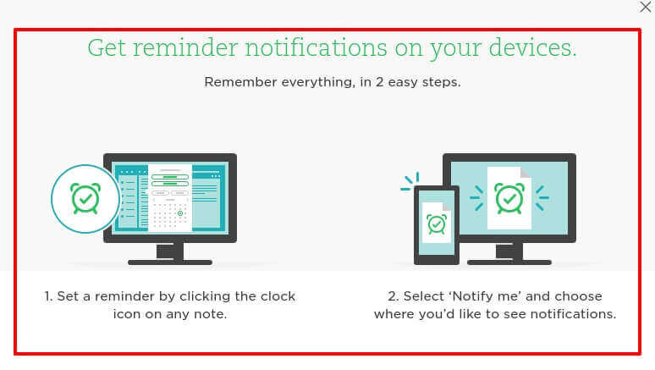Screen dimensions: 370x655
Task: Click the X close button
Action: (646, 8)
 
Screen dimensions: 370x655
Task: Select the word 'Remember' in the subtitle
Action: (239, 83)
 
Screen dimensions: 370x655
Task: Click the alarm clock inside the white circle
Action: (85, 199)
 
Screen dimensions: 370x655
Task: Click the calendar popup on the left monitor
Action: (170, 198)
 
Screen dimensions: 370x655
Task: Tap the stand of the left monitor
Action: (170, 253)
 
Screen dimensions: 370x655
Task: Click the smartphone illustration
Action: (436, 224)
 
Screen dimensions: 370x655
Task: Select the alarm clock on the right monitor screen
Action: (509, 198)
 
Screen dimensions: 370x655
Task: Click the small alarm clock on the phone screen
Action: (437, 224)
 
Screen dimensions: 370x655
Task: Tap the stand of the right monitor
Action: (509, 253)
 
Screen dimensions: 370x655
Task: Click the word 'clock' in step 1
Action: (278, 296)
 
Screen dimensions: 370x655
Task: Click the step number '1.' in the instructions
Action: (50, 296)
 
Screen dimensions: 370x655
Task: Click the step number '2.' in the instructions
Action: (393, 296)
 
